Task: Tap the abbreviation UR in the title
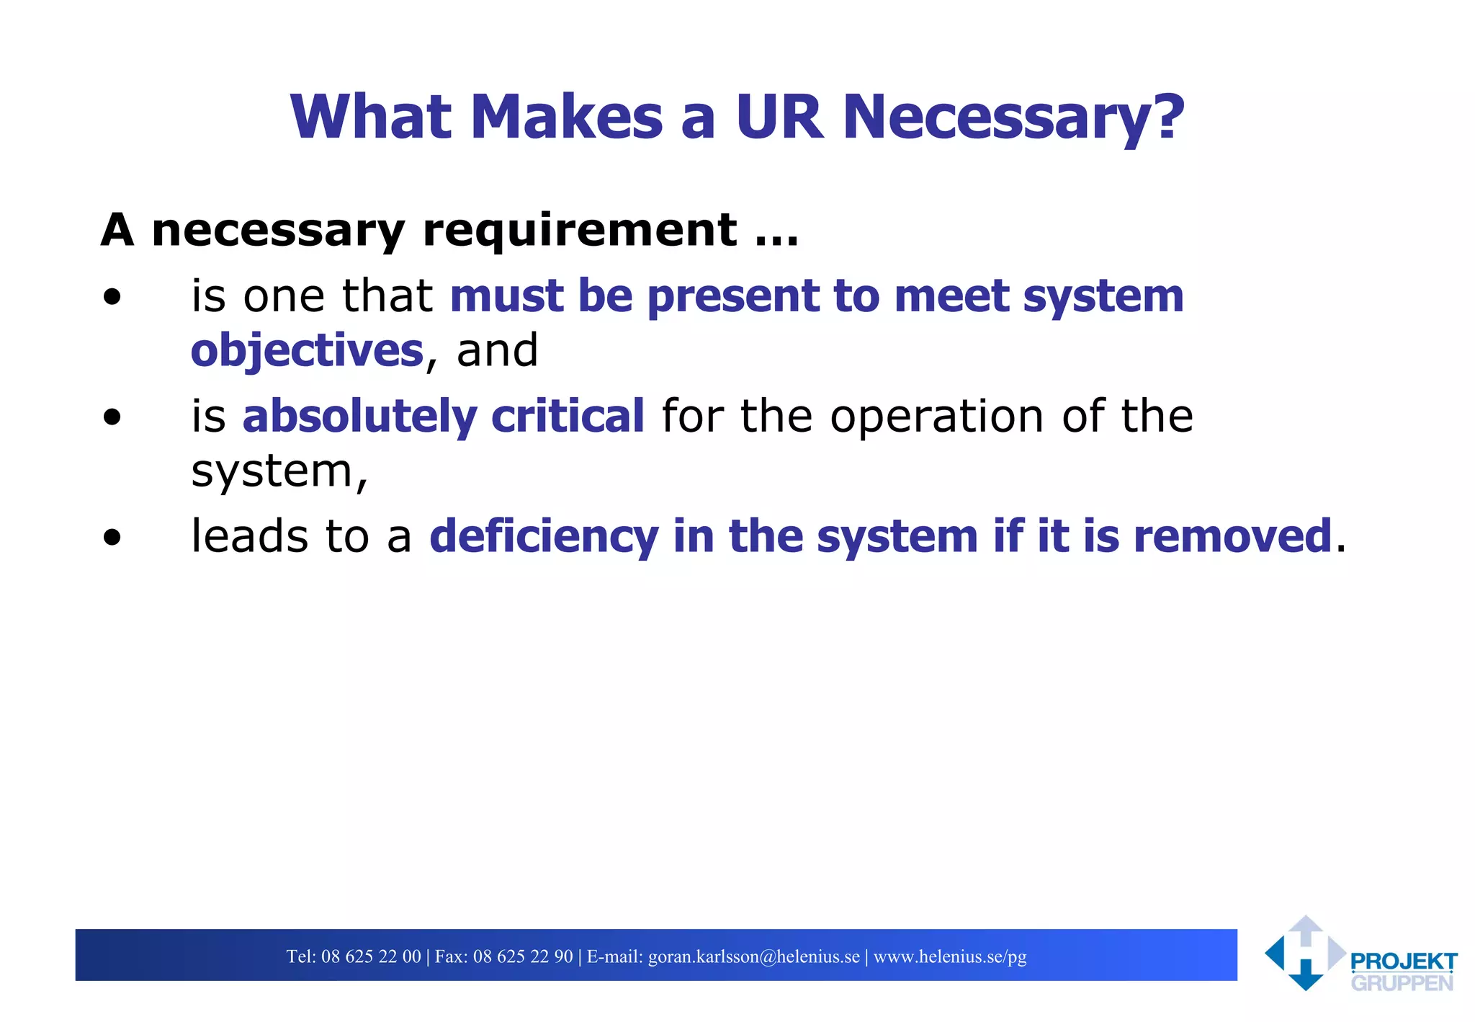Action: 779,117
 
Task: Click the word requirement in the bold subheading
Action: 580,231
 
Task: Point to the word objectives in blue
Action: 307,351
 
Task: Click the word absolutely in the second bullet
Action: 359,416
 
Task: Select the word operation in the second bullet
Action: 936,416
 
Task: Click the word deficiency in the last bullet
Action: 544,537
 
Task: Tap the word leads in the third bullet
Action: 249,537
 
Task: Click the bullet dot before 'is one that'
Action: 112,297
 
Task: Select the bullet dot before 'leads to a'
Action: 112,538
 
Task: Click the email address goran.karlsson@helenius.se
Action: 754,956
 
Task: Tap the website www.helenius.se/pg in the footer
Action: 950,956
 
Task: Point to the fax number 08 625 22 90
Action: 523,956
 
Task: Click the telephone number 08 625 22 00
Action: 371,956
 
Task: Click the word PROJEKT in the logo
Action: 1404,962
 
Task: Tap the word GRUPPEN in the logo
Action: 1402,983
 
